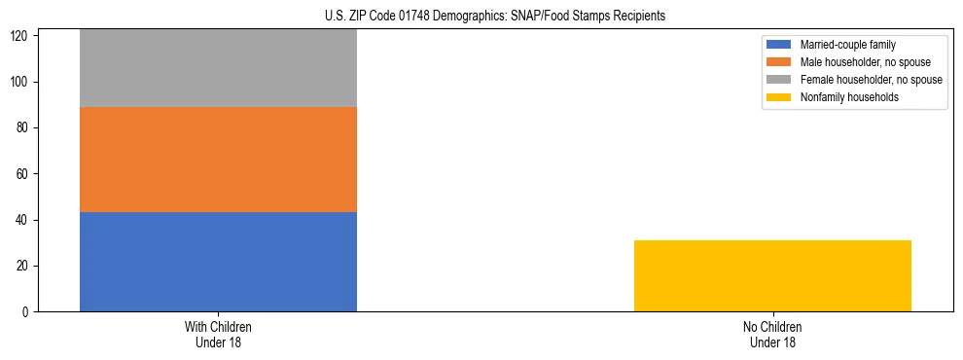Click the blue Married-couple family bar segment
pyautogui.click(x=218, y=262)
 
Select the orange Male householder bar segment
pyautogui.click(x=218, y=160)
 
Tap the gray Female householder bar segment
pyautogui.click(x=218, y=68)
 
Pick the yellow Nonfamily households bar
pyautogui.click(x=772, y=275)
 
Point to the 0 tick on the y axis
pyautogui.click(x=29, y=312)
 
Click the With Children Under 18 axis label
pyautogui.click(x=218, y=334)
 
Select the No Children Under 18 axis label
pyautogui.click(x=772, y=334)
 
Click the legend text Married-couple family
pyautogui.click(x=847, y=45)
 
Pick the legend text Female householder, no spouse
pyautogui.click(x=871, y=80)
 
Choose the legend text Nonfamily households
pyautogui.click(x=849, y=97)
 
